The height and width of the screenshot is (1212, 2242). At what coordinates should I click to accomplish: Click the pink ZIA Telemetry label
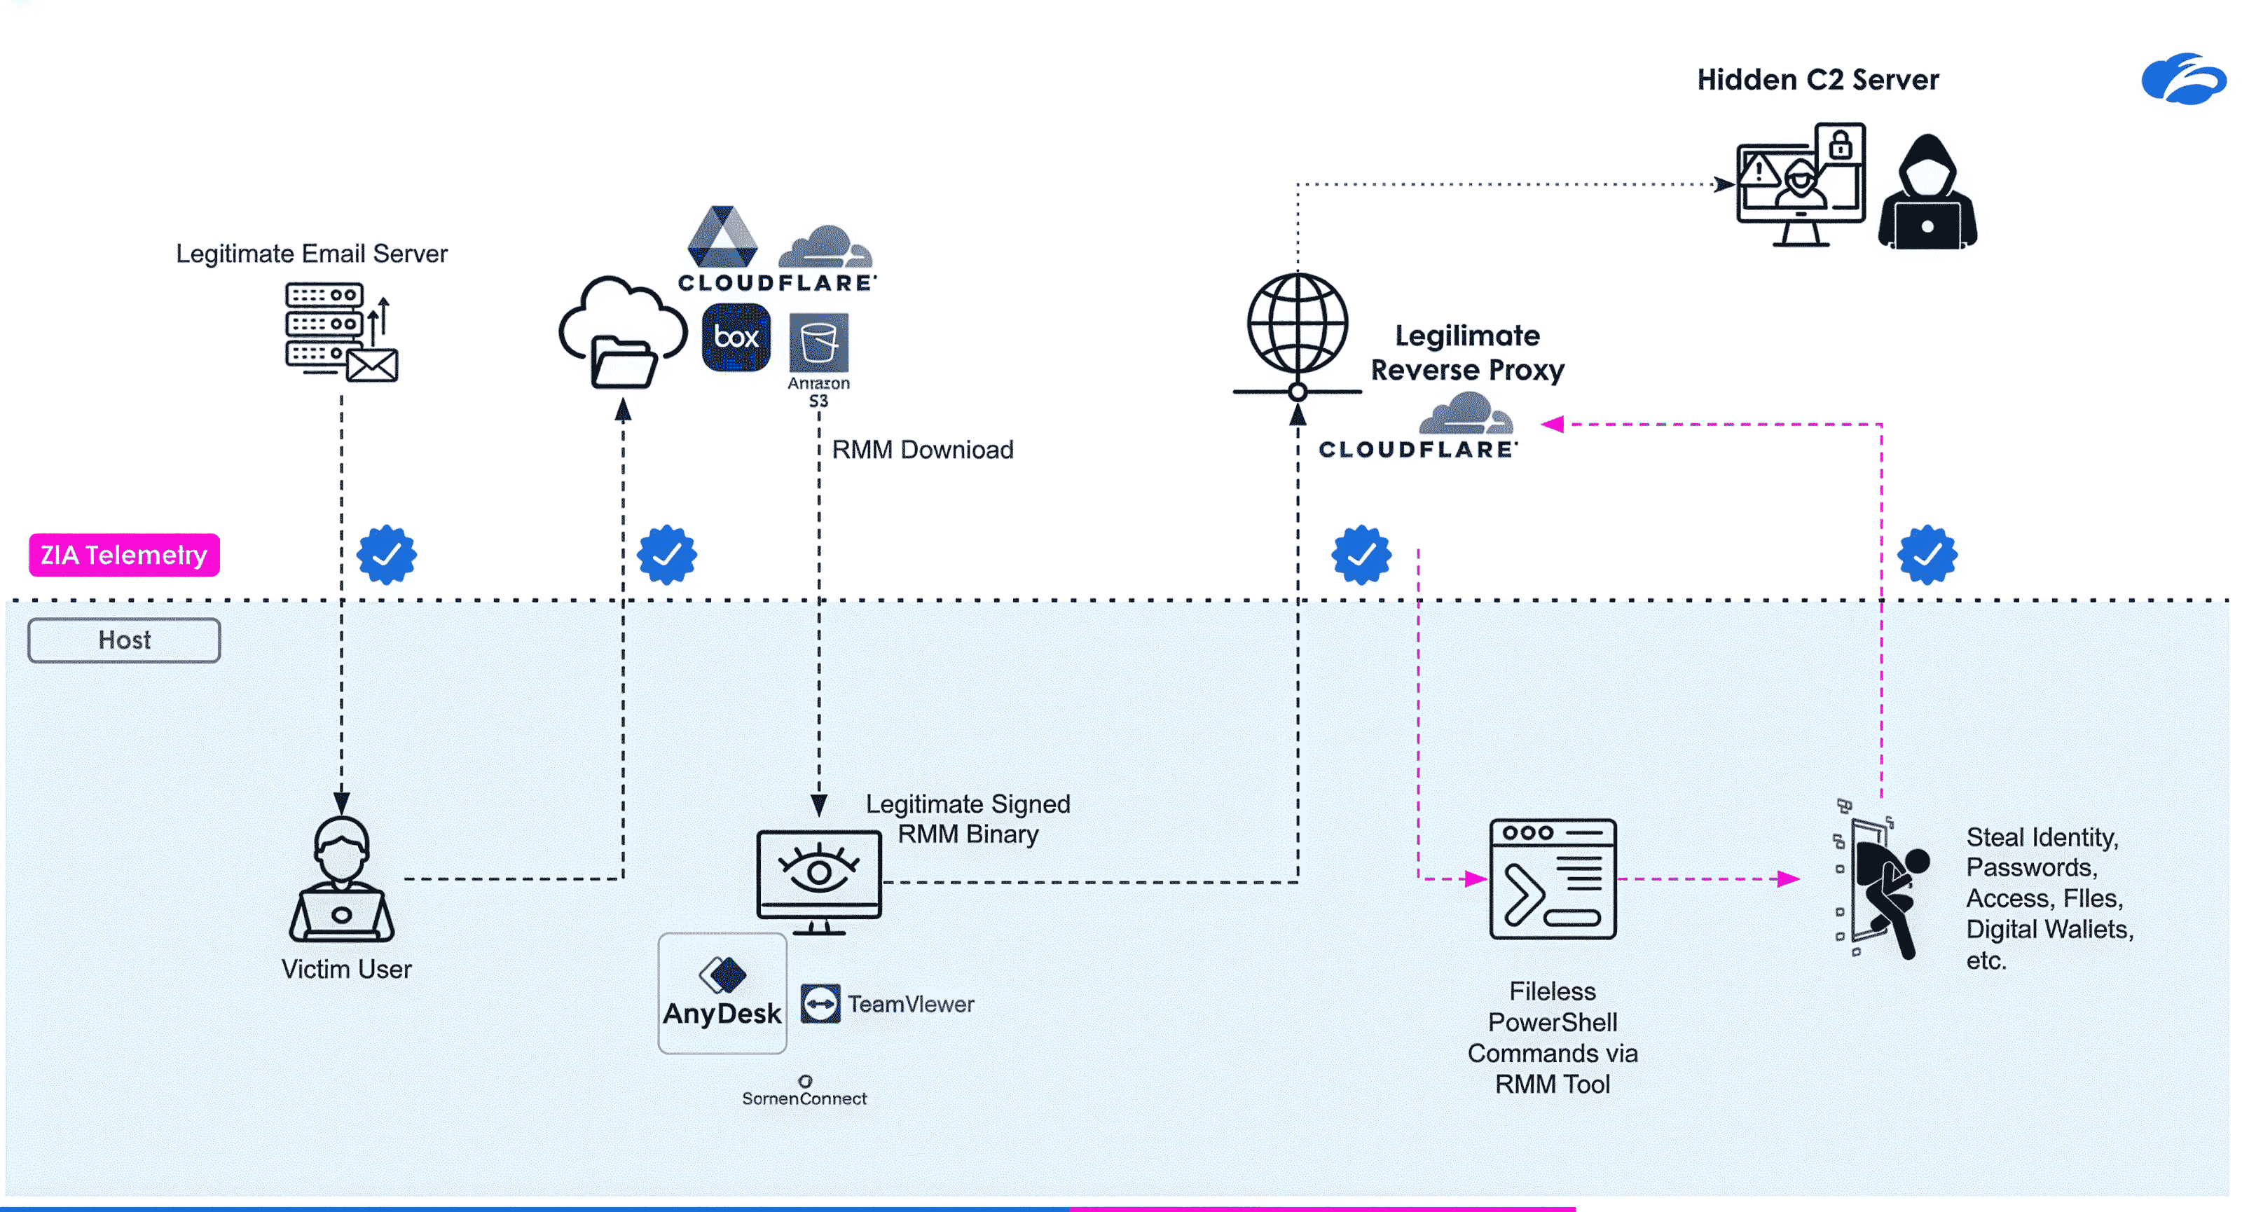pyautogui.click(x=123, y=555)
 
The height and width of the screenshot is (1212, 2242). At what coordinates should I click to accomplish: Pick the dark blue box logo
pyautogui.click(x=736, y=337)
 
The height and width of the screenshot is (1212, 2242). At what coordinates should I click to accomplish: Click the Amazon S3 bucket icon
pyautogui.click(x=818, y=342)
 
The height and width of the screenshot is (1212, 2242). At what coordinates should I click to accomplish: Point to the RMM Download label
pyautogui.click(x=923, y=450)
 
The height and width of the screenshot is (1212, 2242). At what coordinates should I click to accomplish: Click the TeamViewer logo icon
pyautogui.click(x=820, y=1004)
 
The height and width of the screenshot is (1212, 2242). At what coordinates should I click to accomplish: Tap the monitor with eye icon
pyautogui.click(x=818, y=879)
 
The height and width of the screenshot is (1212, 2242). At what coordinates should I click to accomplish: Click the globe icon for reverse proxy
pyautogui.click(x=1297, y=326)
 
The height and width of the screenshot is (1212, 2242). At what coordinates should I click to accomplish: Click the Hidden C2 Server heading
pyautogui.click(x=1817, y=80)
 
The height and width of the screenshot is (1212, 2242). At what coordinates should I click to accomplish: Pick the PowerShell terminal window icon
pyautogui.click(x=1552, y=879)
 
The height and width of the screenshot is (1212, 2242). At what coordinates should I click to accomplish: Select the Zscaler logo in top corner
pyautogui.click(x=2183, y=79)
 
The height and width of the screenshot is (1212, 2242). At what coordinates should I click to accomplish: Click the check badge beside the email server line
pyautogui.click(x=387, y=554)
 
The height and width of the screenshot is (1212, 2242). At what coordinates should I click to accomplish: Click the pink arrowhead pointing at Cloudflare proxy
pyautogui.click(x=1552, y=424)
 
